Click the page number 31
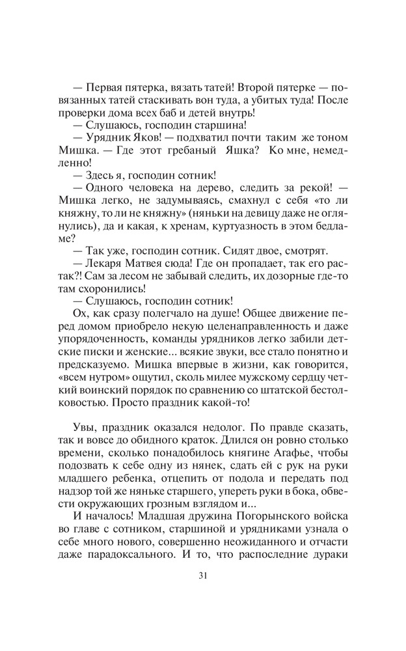[202, 575]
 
